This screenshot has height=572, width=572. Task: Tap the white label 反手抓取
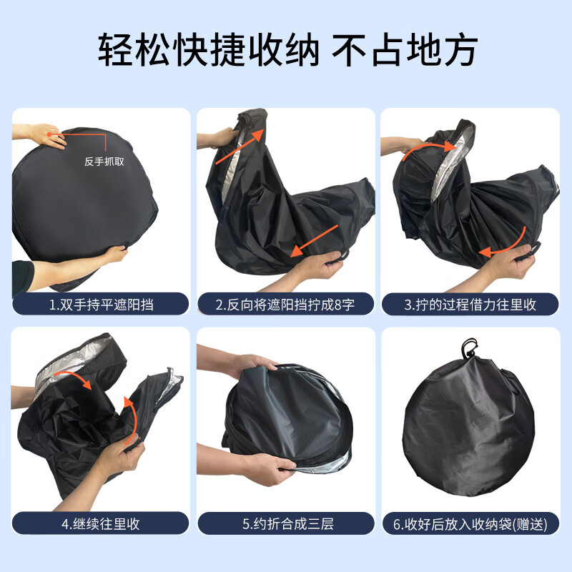pyautogui.click(x=104, y=162)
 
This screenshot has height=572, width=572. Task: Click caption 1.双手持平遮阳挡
pyautogui.click(x=102, y=305)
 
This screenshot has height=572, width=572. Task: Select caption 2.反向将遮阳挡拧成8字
pyautogui.click(x=285, y=305)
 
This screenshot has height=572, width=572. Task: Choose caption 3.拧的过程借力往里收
pyautogui.click(x=470, y=305)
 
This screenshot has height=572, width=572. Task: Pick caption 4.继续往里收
pyautogui.click(x=102, y=523)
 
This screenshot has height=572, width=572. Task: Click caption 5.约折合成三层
pyautogui.click(x=285, y=523)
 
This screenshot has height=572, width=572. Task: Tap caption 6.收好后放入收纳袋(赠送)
pyautogui.click(x=470, y=523)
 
